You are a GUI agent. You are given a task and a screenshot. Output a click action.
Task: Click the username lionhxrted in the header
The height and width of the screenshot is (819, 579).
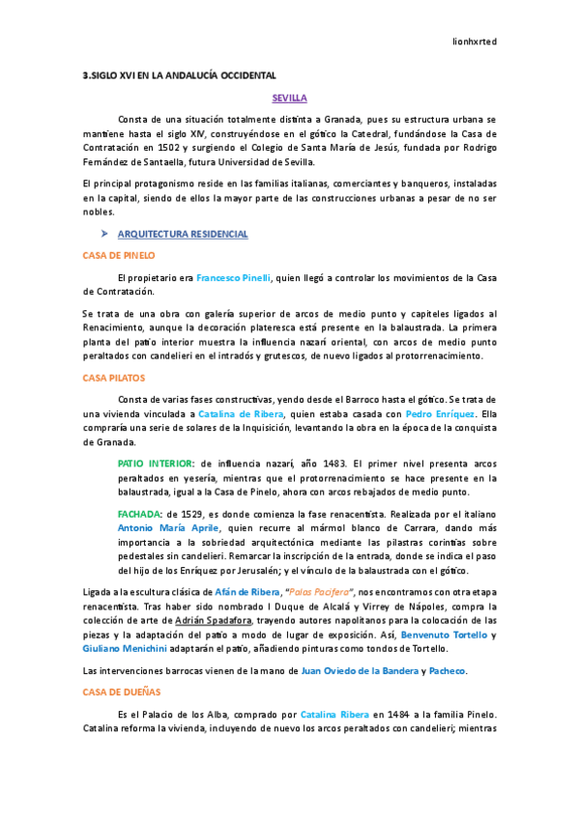tap(475, 42)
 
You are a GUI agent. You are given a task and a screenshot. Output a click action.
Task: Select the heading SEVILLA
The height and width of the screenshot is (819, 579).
tap(289, 99)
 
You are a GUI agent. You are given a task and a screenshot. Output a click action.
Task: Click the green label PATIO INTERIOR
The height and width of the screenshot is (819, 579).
tap(155, 464)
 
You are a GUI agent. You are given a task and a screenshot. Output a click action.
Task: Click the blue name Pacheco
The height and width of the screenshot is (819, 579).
tap(447, 671)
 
